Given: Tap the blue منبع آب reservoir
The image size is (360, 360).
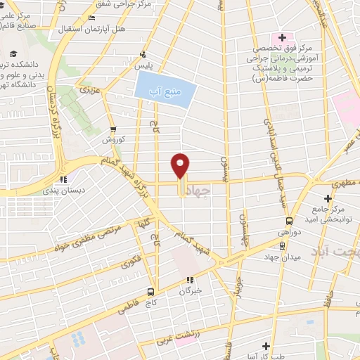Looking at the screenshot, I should [x=164, y=89].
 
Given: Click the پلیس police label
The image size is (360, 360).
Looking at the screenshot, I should [x=143, y=65].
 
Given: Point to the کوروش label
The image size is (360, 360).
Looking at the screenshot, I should [x=112, y=140].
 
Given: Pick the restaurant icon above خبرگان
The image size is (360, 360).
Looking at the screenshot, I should [x=189, y=279].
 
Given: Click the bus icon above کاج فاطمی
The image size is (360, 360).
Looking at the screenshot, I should [x=150, y=292].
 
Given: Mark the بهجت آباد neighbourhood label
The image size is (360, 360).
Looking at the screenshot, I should [x=340, y=250].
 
